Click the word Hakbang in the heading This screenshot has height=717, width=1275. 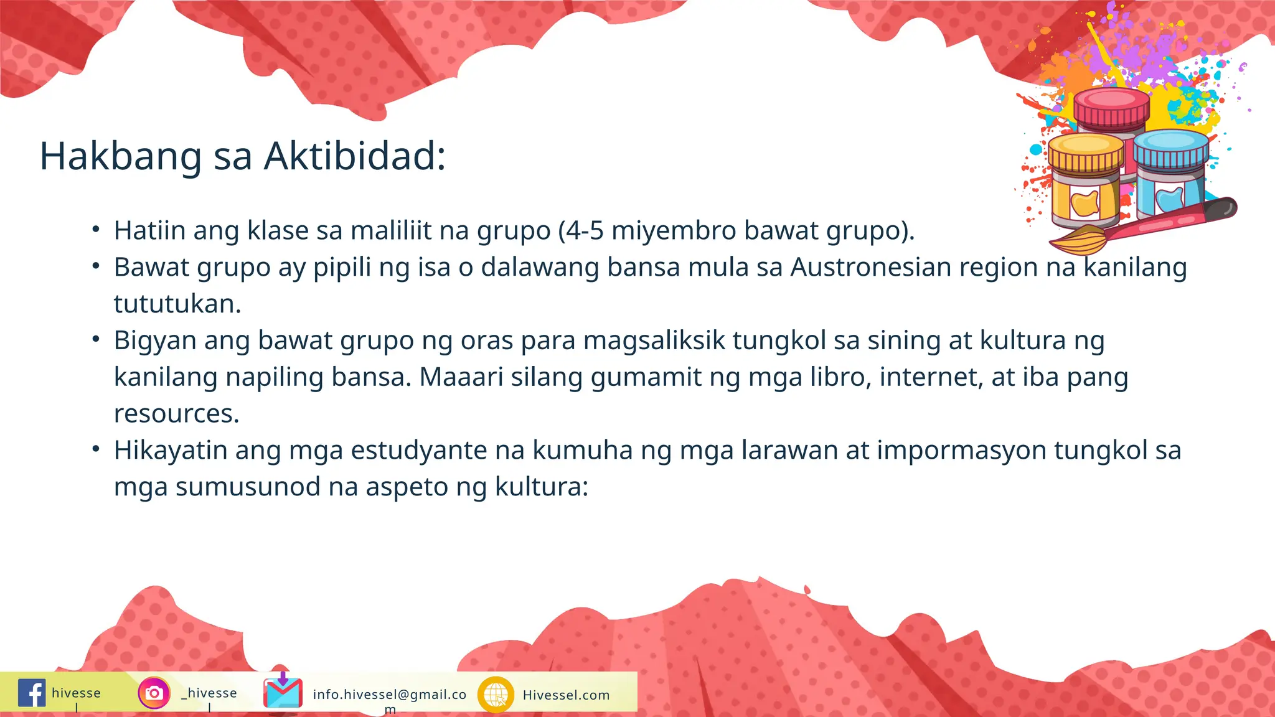(x=121, y=156)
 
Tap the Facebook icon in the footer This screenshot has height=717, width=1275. (x=32, y=693)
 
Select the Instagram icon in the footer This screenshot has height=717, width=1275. (x=154, y=693)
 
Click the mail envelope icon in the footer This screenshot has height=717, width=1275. (x=283, y=691)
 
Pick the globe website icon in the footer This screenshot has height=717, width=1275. (x=496, y=694)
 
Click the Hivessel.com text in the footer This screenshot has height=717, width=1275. (x=566, y=695)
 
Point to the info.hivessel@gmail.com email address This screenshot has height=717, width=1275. (x=390, y=695)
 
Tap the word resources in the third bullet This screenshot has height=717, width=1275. (x=176, y=414)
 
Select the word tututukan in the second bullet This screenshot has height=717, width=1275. (x=177, y=304)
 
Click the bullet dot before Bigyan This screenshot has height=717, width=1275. (x=96, y=340)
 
